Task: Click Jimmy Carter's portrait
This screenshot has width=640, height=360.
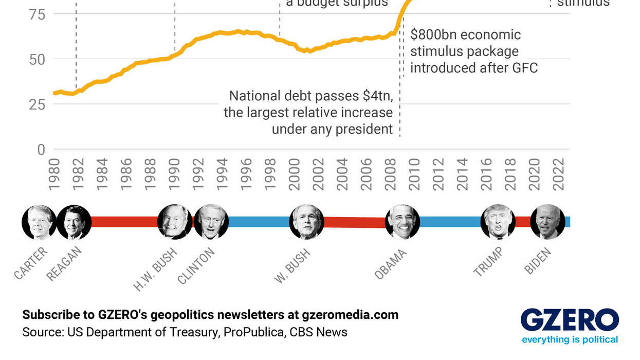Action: coord(39,222)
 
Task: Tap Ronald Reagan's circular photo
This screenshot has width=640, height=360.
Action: coord(74,222)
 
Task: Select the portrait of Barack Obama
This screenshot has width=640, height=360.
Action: coord(403,222)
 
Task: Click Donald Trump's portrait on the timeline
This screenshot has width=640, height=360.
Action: coord(498,222)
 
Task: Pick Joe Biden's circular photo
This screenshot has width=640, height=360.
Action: coord(547,222)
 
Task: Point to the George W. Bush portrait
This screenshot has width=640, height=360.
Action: coord(307,222)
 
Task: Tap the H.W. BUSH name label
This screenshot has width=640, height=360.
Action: coord(155,269)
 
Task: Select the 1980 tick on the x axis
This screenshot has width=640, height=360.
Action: coord(54,175)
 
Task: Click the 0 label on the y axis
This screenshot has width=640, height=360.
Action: coord(41,150)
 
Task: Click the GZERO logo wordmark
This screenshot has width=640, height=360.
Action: coord(570,320)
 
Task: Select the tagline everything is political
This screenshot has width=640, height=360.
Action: coord(570,339)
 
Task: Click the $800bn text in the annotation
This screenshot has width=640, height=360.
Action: coord(433,35)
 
